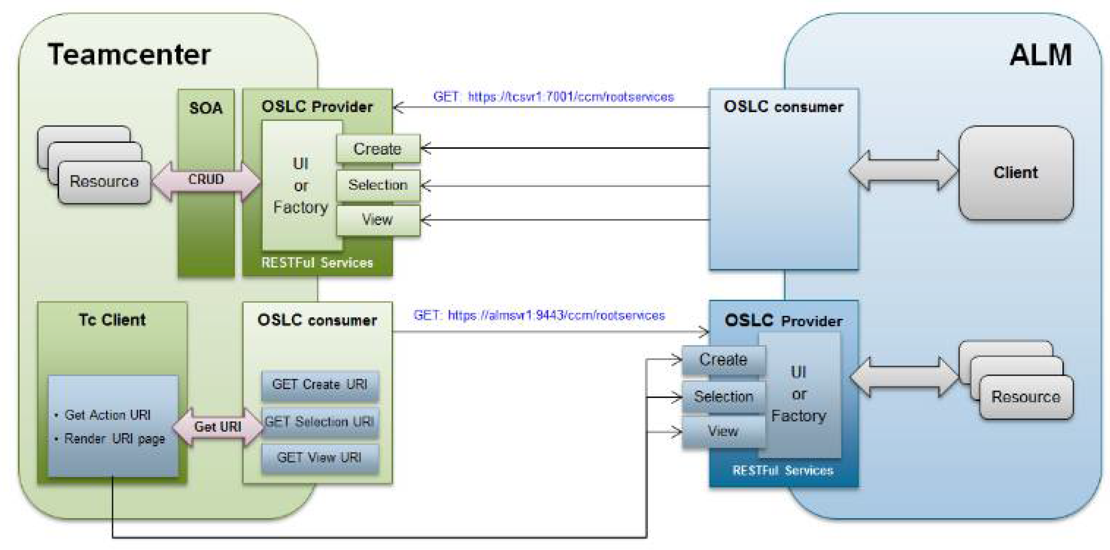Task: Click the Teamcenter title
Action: coord(129,55)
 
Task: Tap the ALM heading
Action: coord(1041,55)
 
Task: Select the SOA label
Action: coord(206,108)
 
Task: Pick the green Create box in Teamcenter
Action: coord(378,149)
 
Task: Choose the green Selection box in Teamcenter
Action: coord(378,185)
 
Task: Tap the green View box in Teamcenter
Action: coord(378,220)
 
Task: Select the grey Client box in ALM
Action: coord(1016,173)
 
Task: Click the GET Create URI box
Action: coord(320,385)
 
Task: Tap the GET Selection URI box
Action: coord(320,421)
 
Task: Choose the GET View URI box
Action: coord(320,458)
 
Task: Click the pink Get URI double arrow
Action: coord(218,427)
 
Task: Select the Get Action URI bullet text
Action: coord(103,415)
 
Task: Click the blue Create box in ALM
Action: coord(724,360)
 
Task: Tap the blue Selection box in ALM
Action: coord(724,397)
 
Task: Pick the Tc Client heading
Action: coord(112,320)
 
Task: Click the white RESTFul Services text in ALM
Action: coord(783,470)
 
